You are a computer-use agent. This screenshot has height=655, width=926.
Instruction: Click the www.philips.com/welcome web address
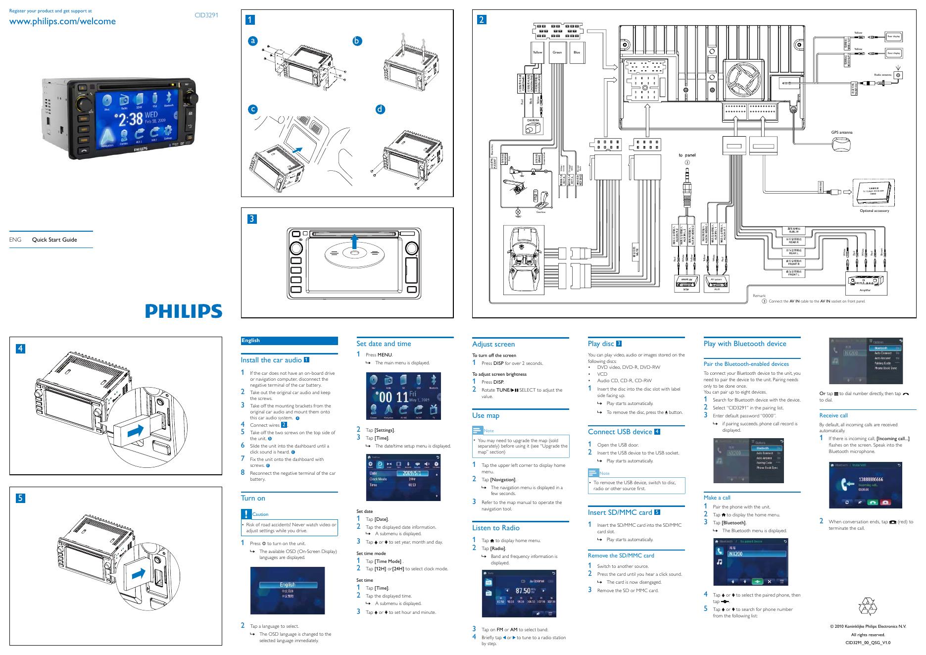coord(62,21)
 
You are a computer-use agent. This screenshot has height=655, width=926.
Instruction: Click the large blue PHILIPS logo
coord(184,311)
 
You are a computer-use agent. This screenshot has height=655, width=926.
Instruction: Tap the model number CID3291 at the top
coord(206,15)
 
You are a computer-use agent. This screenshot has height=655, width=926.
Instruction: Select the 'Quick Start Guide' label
coord(54,240)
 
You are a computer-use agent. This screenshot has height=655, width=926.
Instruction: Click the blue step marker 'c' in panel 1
coord(253,109)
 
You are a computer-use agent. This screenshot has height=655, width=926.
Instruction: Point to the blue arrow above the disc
coord(354,244)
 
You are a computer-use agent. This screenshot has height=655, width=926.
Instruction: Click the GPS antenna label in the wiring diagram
coord(841,133)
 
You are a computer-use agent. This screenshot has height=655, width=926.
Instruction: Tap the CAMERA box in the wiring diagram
coord(533,120)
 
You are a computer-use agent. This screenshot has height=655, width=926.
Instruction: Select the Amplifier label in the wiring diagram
coord(865,290)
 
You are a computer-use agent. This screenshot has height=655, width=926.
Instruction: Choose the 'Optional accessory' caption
coord(874,211)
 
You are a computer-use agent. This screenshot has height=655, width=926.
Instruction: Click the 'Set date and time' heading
coord(384,344)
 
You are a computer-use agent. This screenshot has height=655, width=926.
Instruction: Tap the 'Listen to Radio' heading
coord(495,528)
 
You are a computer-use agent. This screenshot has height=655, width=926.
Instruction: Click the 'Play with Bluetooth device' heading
coord(744,344)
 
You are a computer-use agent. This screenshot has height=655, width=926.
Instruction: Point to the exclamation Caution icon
coord(246,514)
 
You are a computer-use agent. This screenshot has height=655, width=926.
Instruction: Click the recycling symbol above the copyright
coord(867,607)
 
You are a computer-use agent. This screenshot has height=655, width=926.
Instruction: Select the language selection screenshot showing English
coord(288,591)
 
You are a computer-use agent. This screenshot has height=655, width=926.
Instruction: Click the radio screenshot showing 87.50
coord(519,594)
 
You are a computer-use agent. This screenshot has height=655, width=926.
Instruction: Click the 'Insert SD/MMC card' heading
coord(620,512)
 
